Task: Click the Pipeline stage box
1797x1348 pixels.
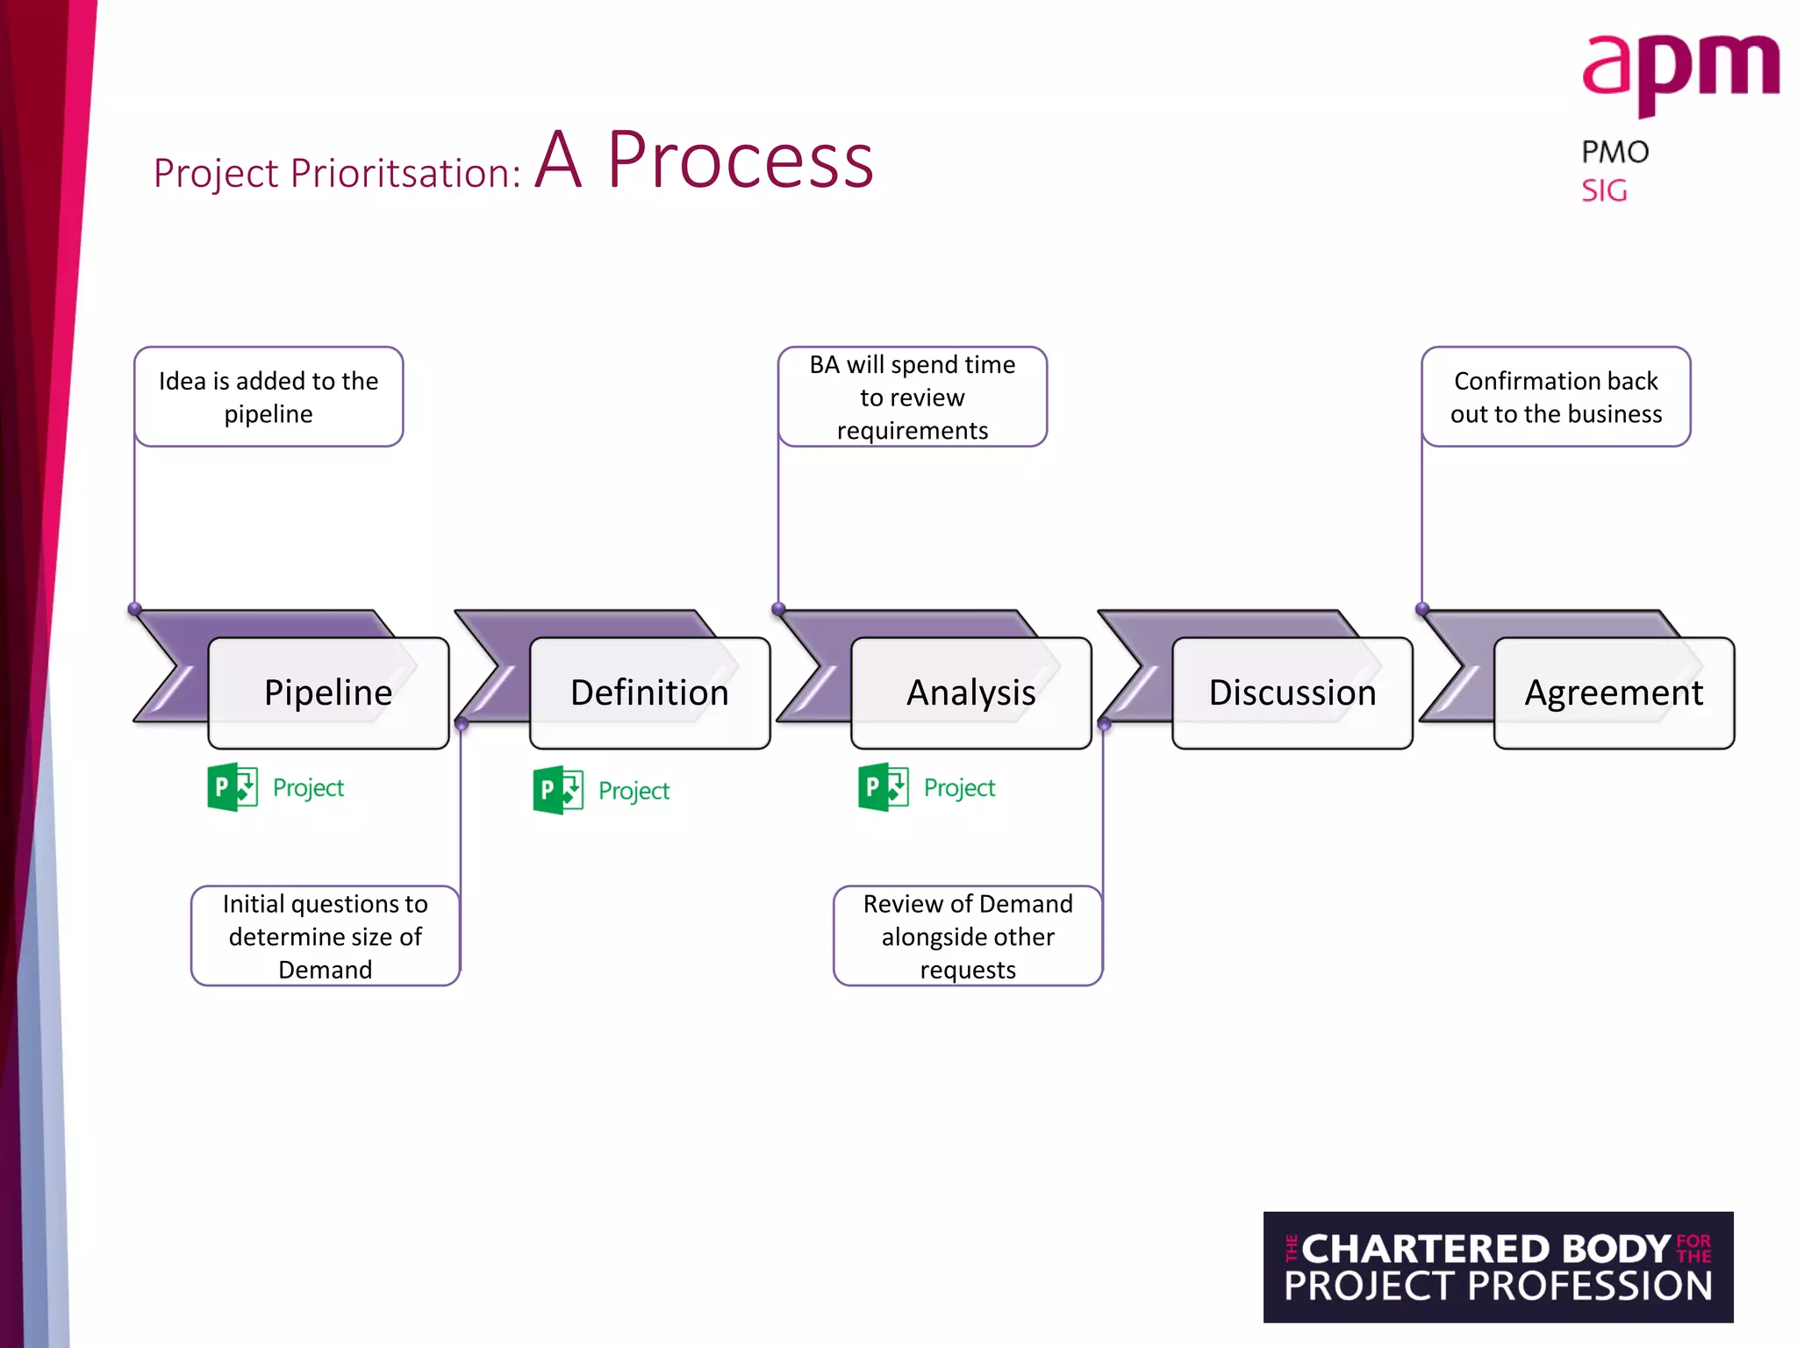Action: [x=328, y=693]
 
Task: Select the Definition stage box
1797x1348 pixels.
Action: [x=649, y=693]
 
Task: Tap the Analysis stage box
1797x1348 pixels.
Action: [x=970, y=693]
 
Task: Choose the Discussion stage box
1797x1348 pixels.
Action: [x=1292, y=693]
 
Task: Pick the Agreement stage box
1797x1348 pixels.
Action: [x=1614, y=693]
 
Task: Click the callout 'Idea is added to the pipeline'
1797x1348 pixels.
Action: [x=268, y=397]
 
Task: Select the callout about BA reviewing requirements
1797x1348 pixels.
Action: [x=912, y=397]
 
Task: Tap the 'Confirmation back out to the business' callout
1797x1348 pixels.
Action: [x=1556, y=397]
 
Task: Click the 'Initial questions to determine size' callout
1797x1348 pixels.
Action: [x=326, y=936]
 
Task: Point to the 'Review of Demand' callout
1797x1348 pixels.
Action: [x=968, y=936]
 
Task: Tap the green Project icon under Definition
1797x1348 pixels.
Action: [x=558, y=790]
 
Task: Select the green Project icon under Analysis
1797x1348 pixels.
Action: [x=884, y=787]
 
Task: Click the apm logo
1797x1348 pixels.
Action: [x=1679, y=75]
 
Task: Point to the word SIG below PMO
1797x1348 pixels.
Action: [x=1604, y=190]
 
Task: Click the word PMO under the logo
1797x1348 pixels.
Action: [x=1614, y=152]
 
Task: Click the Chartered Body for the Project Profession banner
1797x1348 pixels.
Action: [x=1498, y=1266]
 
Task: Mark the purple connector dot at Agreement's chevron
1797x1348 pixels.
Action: [x=1422, y=608]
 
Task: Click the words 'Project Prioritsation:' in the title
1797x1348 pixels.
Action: [x=337, y=173]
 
